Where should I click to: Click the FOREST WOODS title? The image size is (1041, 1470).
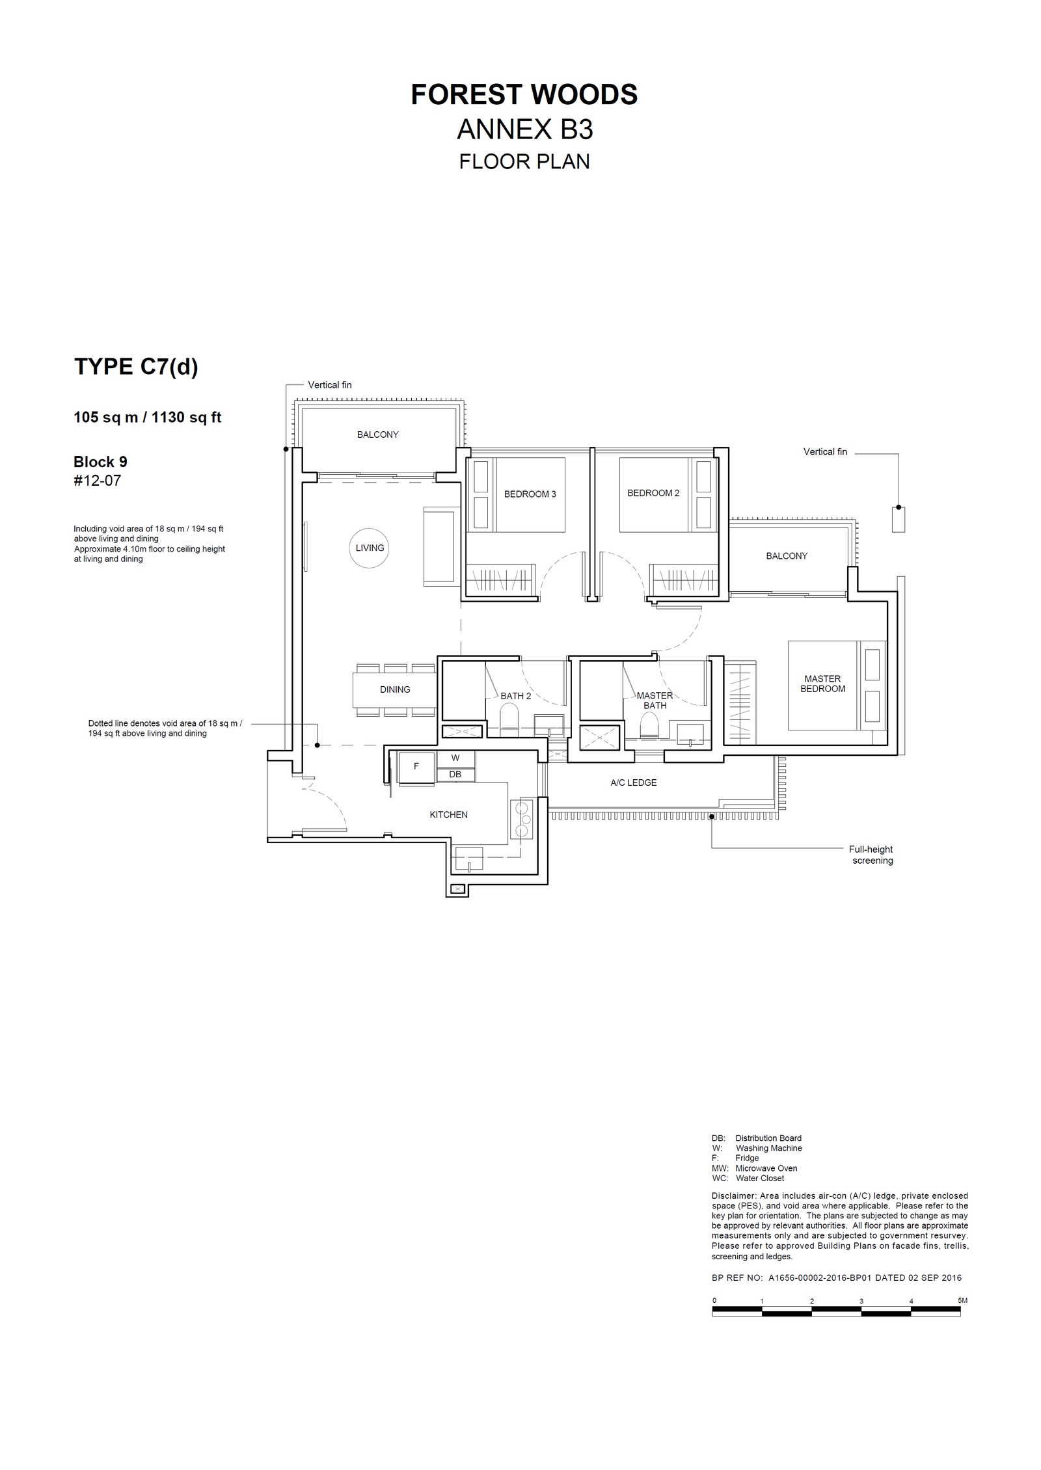click(524, 95)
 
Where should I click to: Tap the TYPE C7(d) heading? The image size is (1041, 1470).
click(136, 367)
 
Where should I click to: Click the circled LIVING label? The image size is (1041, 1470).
click(370, 548)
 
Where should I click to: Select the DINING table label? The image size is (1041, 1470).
click(395, 689)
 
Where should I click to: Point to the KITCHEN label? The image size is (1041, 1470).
click(448, 814)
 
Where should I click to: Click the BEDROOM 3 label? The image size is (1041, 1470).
click(530, 494)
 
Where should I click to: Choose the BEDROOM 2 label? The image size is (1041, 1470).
click(653, 493)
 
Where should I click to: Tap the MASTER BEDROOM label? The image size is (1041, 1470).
click(822, 684)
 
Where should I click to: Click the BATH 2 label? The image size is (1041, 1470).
click(515, 696)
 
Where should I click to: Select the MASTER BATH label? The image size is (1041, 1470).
click(655, 701)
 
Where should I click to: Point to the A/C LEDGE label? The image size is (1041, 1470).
click(633, 782)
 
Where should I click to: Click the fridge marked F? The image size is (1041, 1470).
click(416, 767)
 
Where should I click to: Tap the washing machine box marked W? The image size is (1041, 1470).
click(455, 758)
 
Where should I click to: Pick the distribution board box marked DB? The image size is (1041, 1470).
click(455, 774)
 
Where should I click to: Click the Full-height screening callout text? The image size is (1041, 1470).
click(871, 855)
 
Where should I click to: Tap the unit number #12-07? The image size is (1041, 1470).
click(98, 481)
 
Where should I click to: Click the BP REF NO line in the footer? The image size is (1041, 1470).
click(837, 1278)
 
